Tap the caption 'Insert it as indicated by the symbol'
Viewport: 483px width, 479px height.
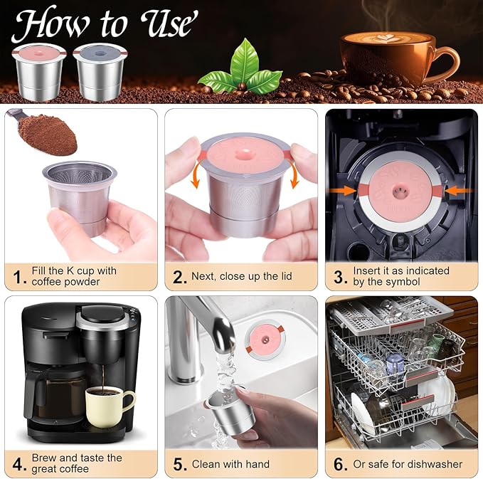[x=400, y=276]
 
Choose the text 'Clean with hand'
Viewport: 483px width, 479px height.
[x=230, y=464]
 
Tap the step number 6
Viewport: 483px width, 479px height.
[x=341, y=464]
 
